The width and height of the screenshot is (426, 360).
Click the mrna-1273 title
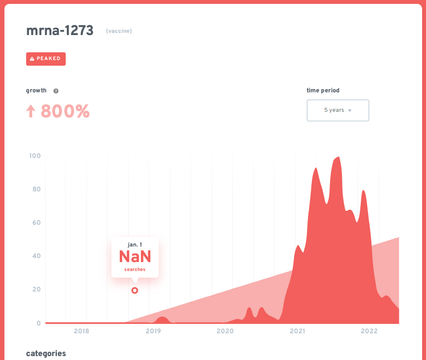(60, 31)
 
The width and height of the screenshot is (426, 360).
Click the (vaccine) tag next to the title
(119, 31)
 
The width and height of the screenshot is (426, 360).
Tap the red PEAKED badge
(46, 58)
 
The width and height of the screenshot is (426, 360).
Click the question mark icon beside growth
(56, 91)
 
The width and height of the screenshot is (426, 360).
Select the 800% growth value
(65, 111)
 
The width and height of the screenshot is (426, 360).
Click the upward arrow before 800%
(31, 111)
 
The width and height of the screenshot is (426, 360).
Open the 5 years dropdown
(337, 110)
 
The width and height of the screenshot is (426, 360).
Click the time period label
(323, 90)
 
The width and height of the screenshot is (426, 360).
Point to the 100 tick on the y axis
(35, 155)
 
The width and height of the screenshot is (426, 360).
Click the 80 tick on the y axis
(36, 189)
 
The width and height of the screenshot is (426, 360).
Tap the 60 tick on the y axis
(36, 223)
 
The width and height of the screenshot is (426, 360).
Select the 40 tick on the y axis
(36, 256)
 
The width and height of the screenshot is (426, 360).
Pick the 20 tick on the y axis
(36, 289)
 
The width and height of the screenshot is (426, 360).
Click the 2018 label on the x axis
(81, 331)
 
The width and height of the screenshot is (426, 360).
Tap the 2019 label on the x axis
(153, 331)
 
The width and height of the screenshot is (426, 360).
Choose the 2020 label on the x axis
(225, 331)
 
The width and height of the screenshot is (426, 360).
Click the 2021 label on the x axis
(297, 331)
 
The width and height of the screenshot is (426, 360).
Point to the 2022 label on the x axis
(369, 331)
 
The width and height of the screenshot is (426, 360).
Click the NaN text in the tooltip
(135, 257)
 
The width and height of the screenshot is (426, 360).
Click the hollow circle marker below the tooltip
(135, 290)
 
